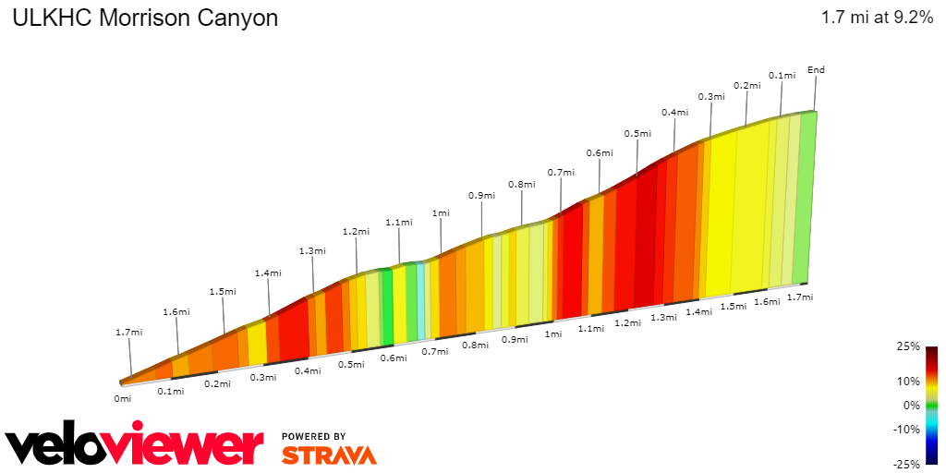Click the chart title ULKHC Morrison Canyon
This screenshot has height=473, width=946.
tap(144, 18)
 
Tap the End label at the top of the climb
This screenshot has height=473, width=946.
tap(816, 70)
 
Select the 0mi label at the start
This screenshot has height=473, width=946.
tap(122, 398)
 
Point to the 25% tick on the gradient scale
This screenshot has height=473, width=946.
tap(909, 346)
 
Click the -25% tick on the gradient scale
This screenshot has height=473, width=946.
tap(907, 464)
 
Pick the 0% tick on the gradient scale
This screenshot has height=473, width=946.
tap(911, 405)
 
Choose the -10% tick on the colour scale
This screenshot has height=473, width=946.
tap(907, 429)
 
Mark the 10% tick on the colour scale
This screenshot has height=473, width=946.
tap(909, 381)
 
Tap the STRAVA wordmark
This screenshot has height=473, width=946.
tap(329, 455)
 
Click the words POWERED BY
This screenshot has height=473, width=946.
tap(314, 436)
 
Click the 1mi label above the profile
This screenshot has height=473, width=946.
tap(442, 213)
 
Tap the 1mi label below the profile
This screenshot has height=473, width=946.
tap(553, 334)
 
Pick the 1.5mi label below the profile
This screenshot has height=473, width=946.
tap(733, 306)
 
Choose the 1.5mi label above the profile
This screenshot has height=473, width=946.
tap(223, 291)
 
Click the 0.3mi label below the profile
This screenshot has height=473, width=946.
tap(263, 377)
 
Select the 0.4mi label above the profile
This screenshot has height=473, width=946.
tap(675, 113)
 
